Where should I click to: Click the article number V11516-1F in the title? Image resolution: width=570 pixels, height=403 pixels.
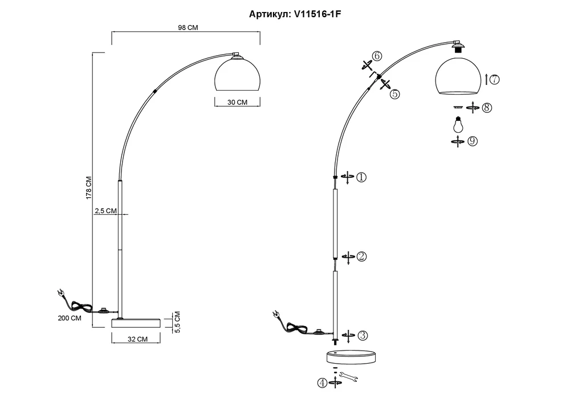(x=317, y=14)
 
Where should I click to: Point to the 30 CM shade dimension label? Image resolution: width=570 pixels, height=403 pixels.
(x=237, y=103)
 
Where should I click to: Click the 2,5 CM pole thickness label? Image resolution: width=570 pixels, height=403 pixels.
(x=105, y=211)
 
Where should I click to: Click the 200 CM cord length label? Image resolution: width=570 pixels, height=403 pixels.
(x=69, y=318)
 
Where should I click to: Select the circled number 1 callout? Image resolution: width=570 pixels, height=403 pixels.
(x=361, y=177)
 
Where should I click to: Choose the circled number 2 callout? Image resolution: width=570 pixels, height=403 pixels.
(x=361, y=257)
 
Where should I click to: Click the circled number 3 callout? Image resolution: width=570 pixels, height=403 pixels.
(x=362, y=335)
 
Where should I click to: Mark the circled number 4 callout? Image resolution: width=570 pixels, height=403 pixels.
(x=322, y=384)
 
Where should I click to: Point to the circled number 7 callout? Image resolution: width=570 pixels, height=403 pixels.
(x=494, y=80)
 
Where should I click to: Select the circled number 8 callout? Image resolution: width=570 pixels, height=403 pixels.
(x=486, y=107)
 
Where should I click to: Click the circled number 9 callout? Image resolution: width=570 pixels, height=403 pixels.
(x=472, y=141)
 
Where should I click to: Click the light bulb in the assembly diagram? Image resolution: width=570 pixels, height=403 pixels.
(x=457, y=124)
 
